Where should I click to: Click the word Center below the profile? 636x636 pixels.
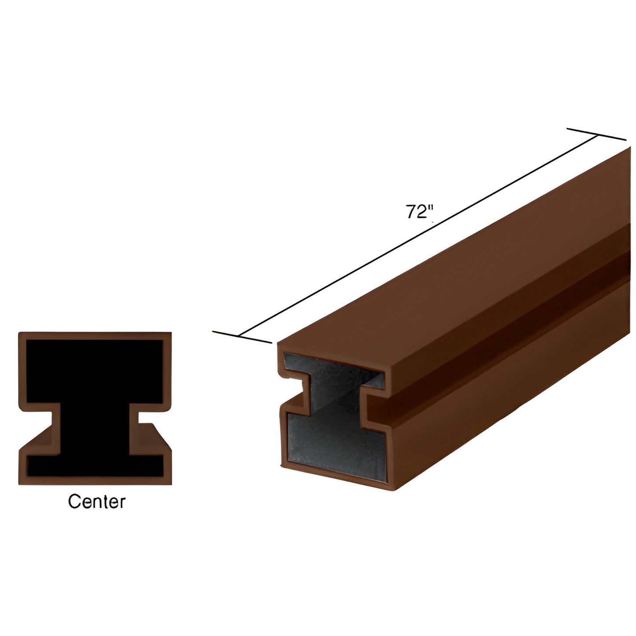[x=96, y=501]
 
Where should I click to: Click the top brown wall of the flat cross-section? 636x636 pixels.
[x=95, y=336]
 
